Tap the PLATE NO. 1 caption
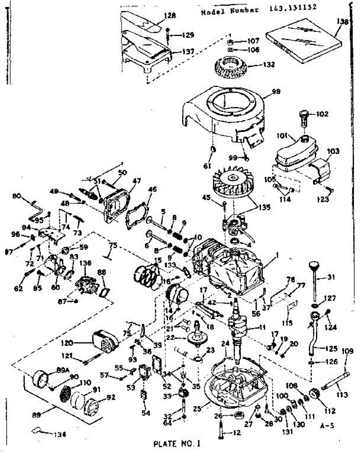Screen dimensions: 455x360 (x=176, y=443)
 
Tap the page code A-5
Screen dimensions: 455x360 (x=327, y=426)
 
